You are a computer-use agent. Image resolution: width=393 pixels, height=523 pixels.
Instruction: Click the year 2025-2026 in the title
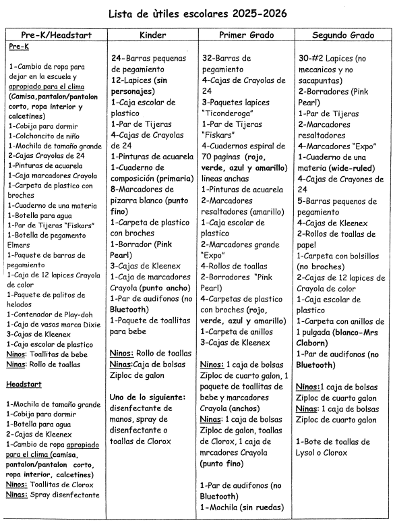point(264,13)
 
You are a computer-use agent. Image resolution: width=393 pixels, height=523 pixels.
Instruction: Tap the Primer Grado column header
point(244,34)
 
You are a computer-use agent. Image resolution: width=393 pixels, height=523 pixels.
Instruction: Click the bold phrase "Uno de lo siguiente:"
point(148,397)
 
